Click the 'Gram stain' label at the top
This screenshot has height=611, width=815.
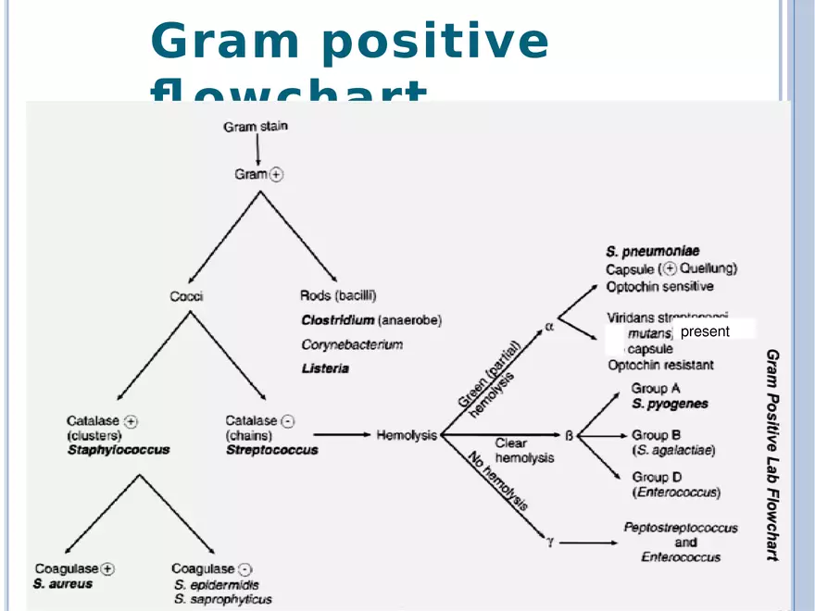click(255, 127)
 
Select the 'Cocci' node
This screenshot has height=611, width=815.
click(186, 296)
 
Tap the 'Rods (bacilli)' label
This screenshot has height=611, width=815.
click(338, 296)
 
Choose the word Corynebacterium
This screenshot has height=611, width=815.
click(352, 344)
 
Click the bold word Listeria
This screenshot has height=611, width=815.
click(324, 368)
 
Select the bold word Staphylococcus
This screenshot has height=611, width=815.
click(119, 450)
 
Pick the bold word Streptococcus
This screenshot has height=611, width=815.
click(272, 450)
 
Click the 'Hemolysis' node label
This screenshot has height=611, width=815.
click(407, 435)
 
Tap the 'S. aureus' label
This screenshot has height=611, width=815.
click(63, 584)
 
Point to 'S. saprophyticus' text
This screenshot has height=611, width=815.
click(223, 599)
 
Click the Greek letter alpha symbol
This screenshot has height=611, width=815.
click(548, 327)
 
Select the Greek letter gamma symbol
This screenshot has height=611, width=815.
click(550, 542)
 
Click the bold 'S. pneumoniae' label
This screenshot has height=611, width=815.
click(653, 251)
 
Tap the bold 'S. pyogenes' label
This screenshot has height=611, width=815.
click(670, 404)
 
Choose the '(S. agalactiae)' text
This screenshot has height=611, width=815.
click(674, 450)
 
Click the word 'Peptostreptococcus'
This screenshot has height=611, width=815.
click(681, 528)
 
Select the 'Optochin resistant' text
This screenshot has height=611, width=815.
click(660, 365)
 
